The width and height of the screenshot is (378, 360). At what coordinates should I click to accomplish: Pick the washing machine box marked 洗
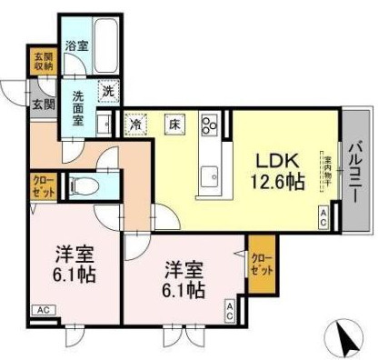pos(107,90)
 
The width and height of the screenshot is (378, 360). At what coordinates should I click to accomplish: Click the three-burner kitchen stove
pos(210,124)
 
